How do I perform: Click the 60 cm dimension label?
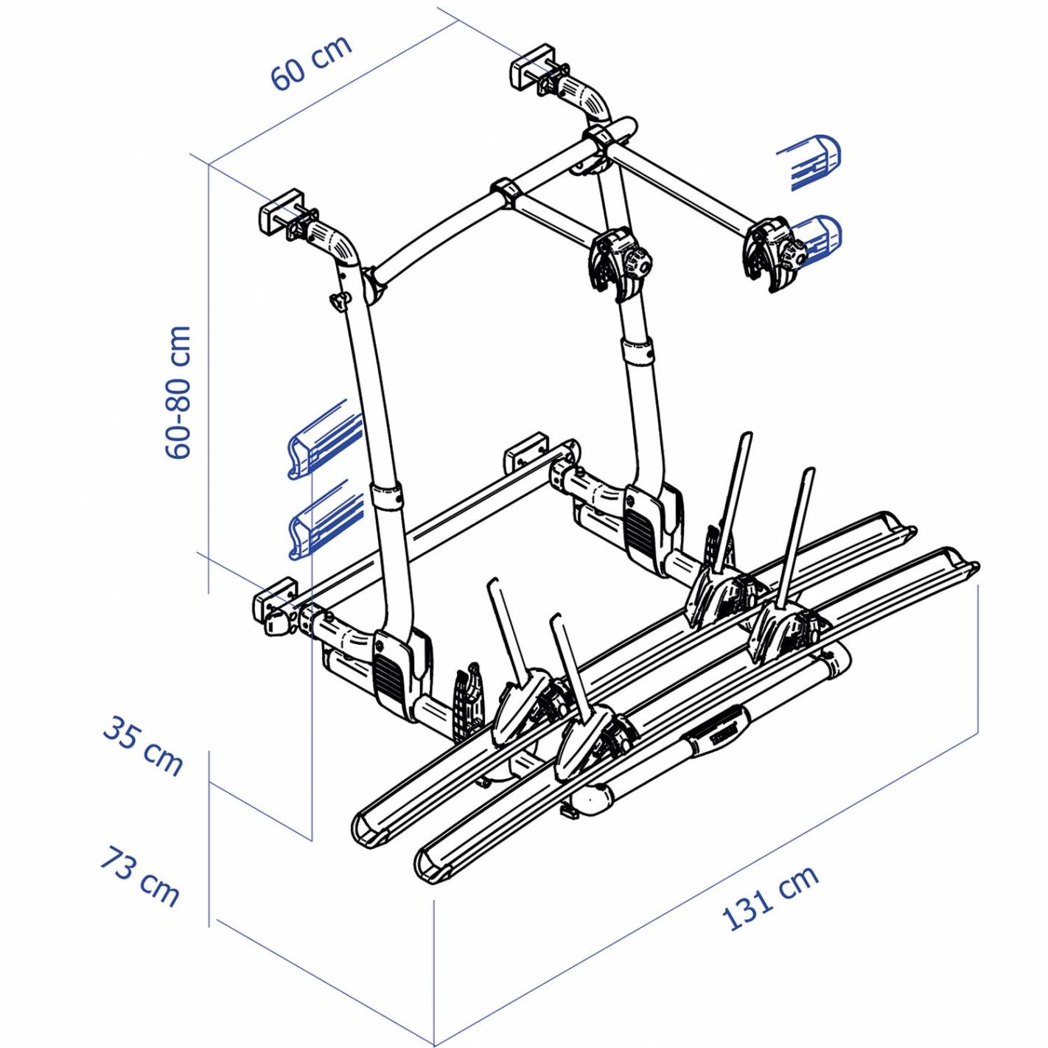click(x=312, y=64)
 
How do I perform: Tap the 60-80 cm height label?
click(x=178, y=392)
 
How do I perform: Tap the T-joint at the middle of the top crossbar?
click(x=506, y=194)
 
